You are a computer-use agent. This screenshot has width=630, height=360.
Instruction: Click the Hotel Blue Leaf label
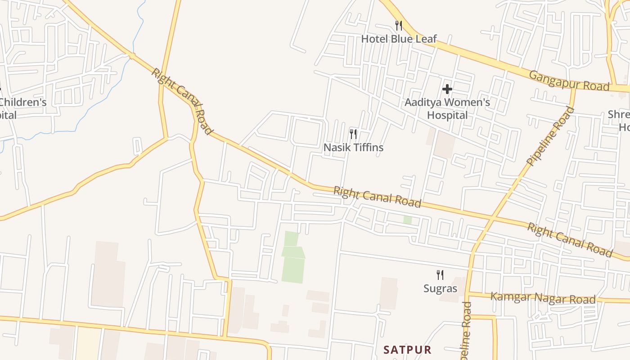tap(399, 39)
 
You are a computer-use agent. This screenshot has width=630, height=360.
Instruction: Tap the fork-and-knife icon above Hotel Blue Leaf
tap(398, 25)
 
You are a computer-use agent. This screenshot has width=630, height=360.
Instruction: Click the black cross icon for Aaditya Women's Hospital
tap(447, 89)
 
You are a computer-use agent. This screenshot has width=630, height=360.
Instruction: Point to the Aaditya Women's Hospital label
tap(447, 108)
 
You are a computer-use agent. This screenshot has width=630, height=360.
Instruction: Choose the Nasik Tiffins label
tap(353, 147)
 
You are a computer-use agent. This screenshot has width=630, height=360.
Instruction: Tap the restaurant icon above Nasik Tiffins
tap(353, 134)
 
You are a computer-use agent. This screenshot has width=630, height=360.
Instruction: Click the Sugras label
tap(440, 288)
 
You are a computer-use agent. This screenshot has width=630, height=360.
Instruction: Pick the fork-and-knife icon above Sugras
tap(440, 274)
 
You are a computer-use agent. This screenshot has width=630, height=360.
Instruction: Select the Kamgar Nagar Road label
tap(543, 298)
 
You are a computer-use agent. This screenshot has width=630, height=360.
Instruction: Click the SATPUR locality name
tap(407, 350)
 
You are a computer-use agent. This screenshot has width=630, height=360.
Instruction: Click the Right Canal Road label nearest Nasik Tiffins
tap(377, 198)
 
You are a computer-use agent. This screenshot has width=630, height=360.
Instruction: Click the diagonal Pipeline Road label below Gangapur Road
tap(550, 136)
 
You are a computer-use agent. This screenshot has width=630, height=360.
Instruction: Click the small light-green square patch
tap(407, 220)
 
